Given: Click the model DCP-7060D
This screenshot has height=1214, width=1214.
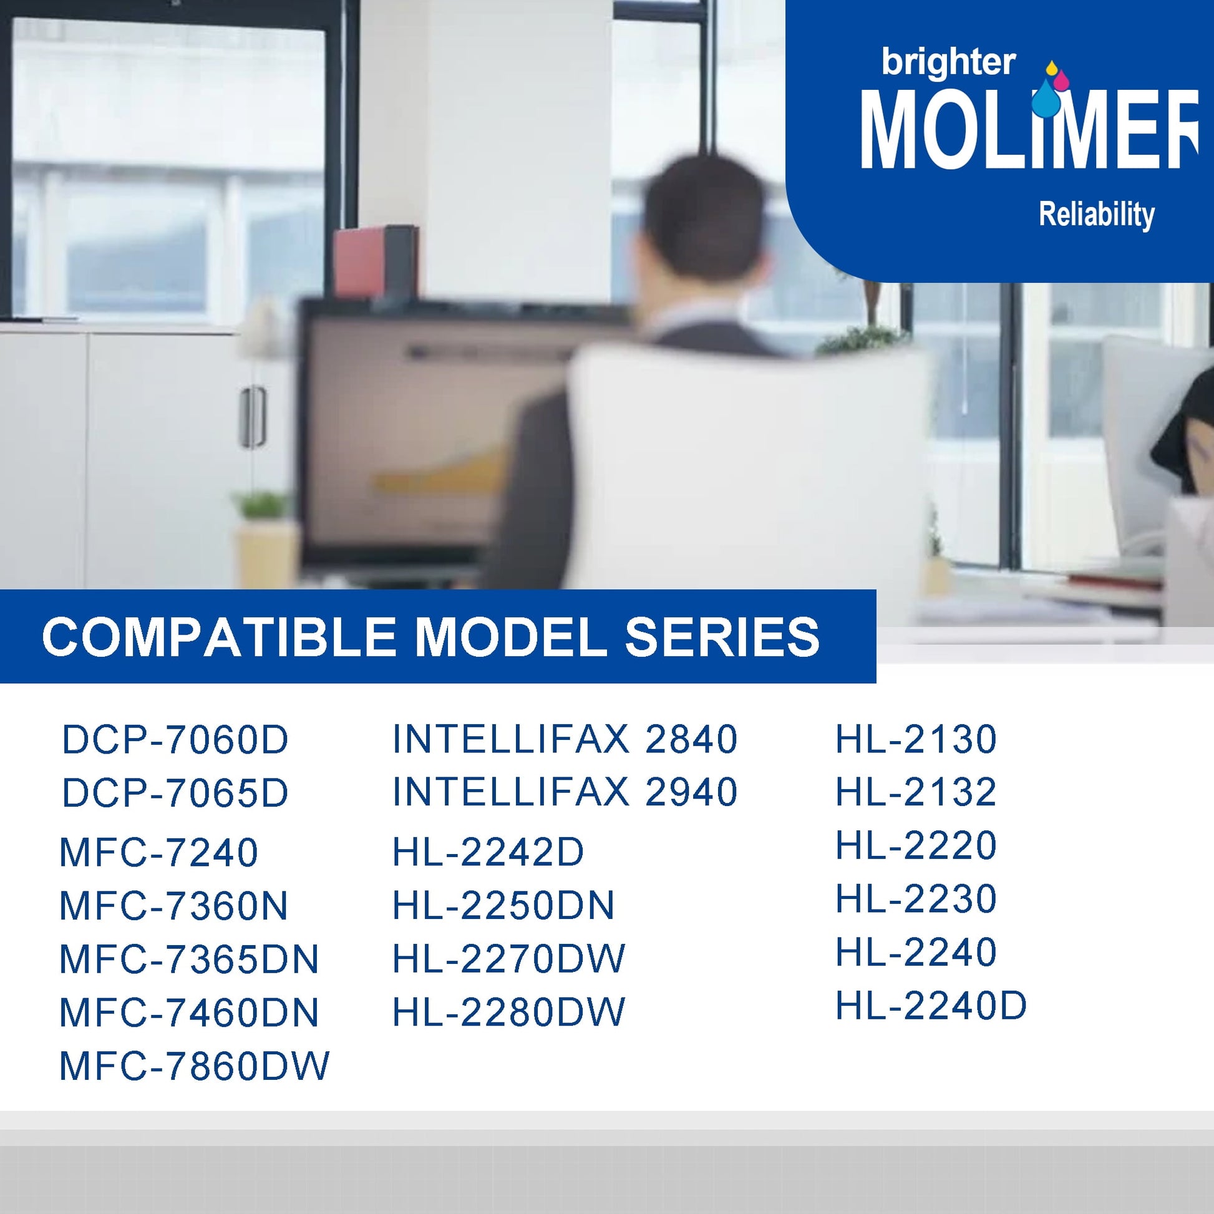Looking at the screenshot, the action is [175, 741].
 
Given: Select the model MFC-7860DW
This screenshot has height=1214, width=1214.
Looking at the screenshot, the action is [194, 1066].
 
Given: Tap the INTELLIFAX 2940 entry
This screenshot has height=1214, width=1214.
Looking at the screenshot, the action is [565, 792].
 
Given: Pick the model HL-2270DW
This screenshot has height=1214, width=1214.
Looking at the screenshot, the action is [509, 959].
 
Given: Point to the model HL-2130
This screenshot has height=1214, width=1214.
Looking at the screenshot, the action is [916, 739].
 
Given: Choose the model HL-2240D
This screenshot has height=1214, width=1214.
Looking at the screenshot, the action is [931, 1006].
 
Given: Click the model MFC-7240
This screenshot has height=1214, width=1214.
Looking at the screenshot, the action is [158, 853].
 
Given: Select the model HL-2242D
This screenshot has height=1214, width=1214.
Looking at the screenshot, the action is [488, 853].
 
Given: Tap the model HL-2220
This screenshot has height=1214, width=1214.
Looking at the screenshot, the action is [916, 845].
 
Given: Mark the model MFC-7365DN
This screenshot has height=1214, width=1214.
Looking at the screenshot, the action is [189, 959].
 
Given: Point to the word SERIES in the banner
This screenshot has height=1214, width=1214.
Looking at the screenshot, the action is [722, 637].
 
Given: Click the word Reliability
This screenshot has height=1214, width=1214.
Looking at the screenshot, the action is [1097, 215].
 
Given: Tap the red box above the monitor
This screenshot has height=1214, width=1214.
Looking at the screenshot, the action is [376, 261].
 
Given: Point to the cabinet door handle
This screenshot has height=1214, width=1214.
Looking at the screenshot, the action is [252, 417].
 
